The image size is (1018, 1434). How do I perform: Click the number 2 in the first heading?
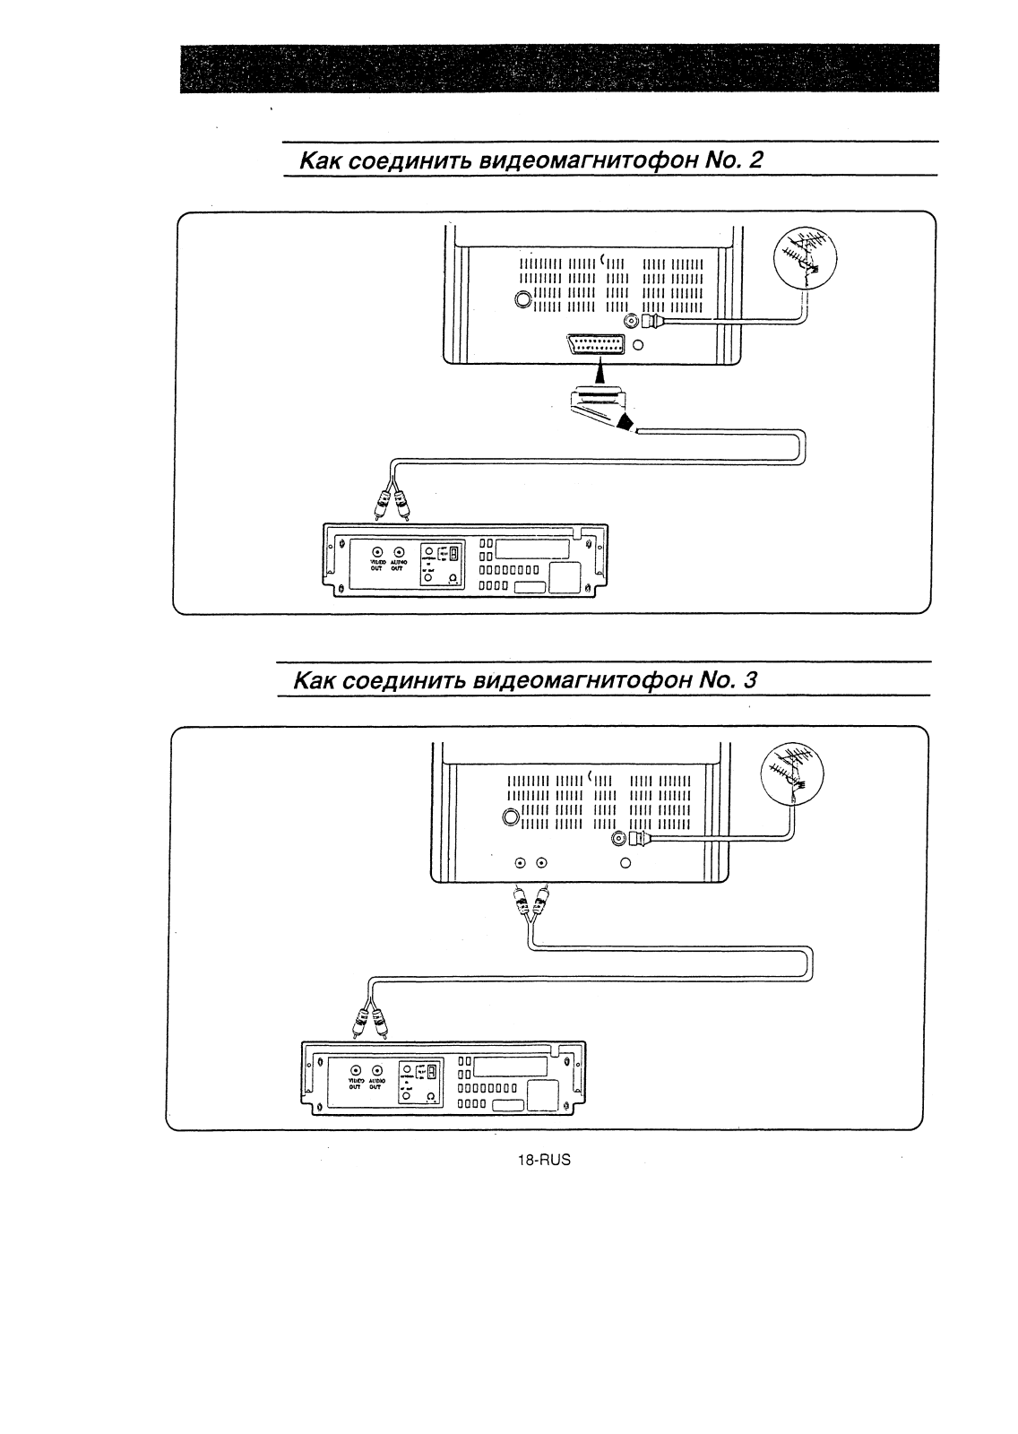point(756,160)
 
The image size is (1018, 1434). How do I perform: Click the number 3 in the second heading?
point(750,680)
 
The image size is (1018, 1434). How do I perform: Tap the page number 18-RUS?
point(544,1159)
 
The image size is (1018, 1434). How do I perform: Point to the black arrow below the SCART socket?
point(599,369)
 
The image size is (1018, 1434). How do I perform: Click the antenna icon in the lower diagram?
point(794,772)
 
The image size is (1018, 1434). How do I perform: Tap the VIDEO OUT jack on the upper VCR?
point(378,553)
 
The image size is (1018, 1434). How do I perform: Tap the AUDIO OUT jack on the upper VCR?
point(400,553)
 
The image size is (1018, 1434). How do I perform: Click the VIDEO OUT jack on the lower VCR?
point(357,1070)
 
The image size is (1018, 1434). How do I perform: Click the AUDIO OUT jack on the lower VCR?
point(378,1070)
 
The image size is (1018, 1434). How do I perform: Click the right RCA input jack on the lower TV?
point(541,863)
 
